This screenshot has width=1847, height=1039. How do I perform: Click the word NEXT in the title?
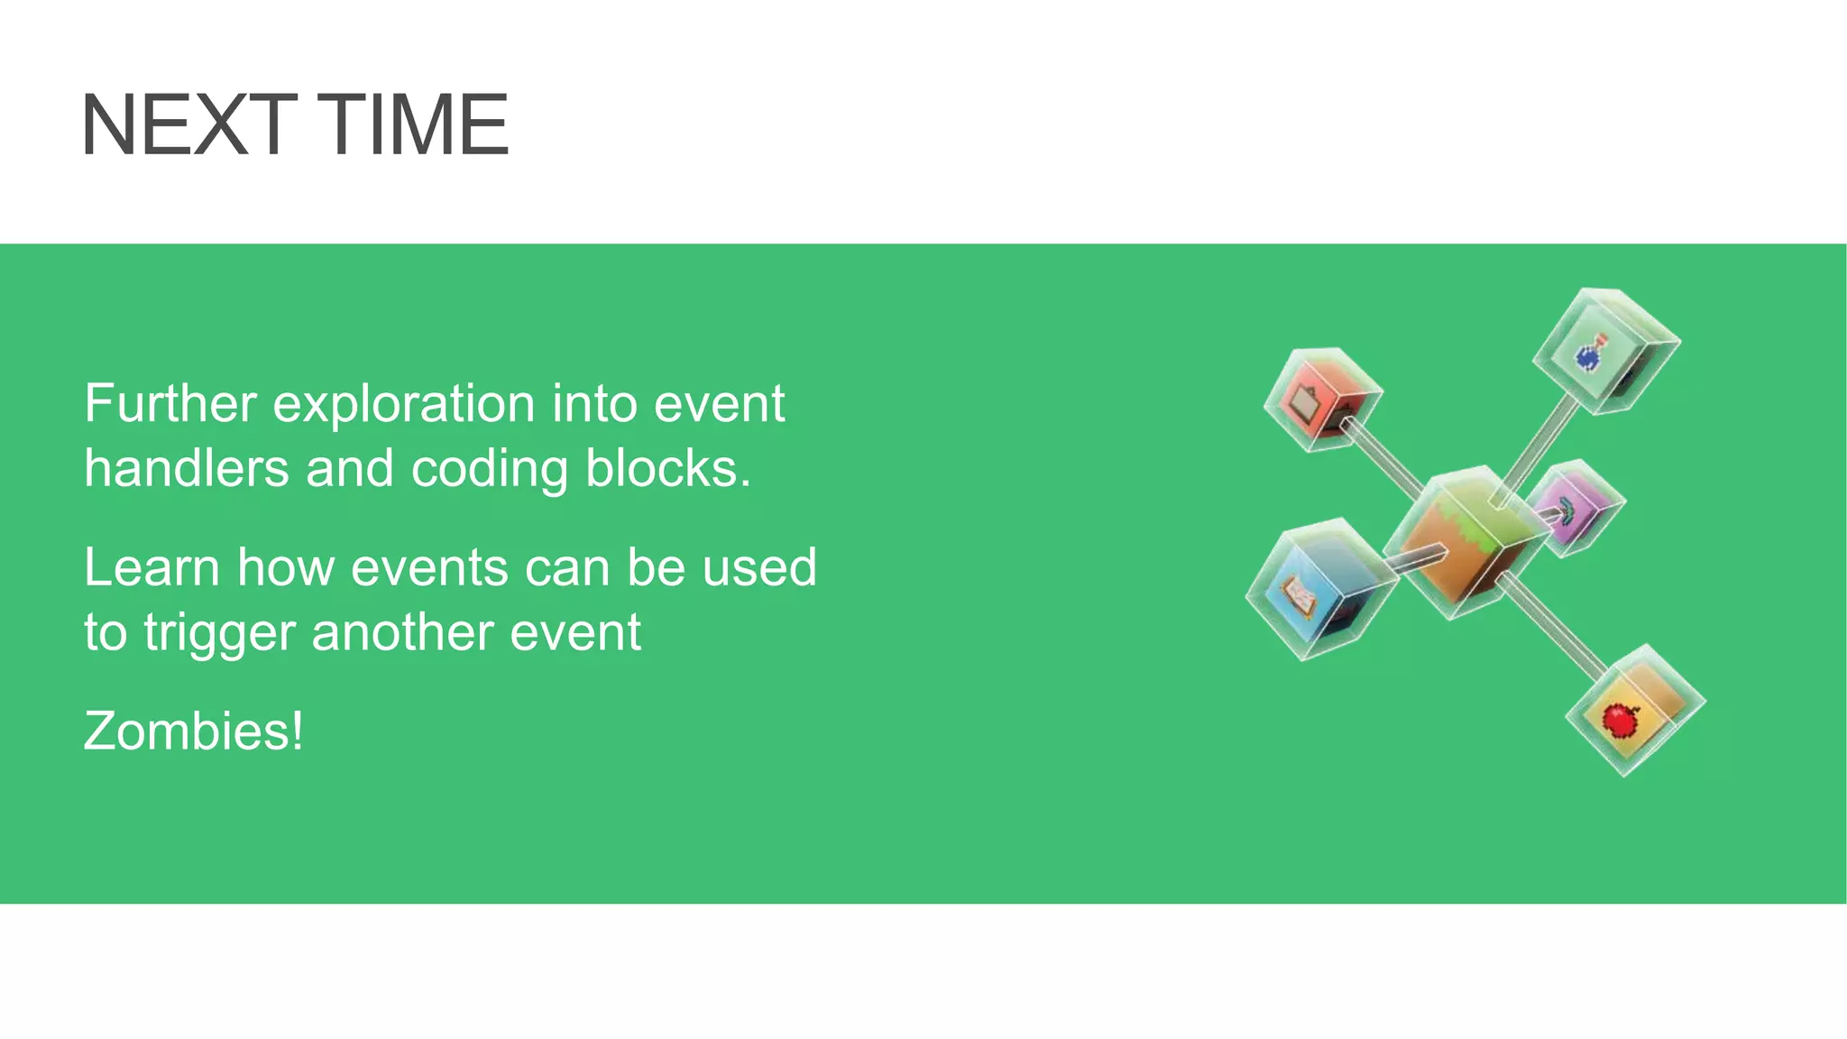[x=188, y=125]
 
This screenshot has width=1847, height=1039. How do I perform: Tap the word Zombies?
[x=194, y=731]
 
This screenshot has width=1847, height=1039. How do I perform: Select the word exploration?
[x=403, y=404]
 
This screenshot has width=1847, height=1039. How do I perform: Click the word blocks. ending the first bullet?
[x=667, y=469]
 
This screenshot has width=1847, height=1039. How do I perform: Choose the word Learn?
[x=152, y=568]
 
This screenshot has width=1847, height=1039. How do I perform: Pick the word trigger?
[x=219, y=633]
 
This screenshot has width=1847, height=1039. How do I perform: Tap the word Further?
[x=170, y=404]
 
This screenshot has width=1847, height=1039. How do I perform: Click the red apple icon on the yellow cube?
[x=1620, y=719]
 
